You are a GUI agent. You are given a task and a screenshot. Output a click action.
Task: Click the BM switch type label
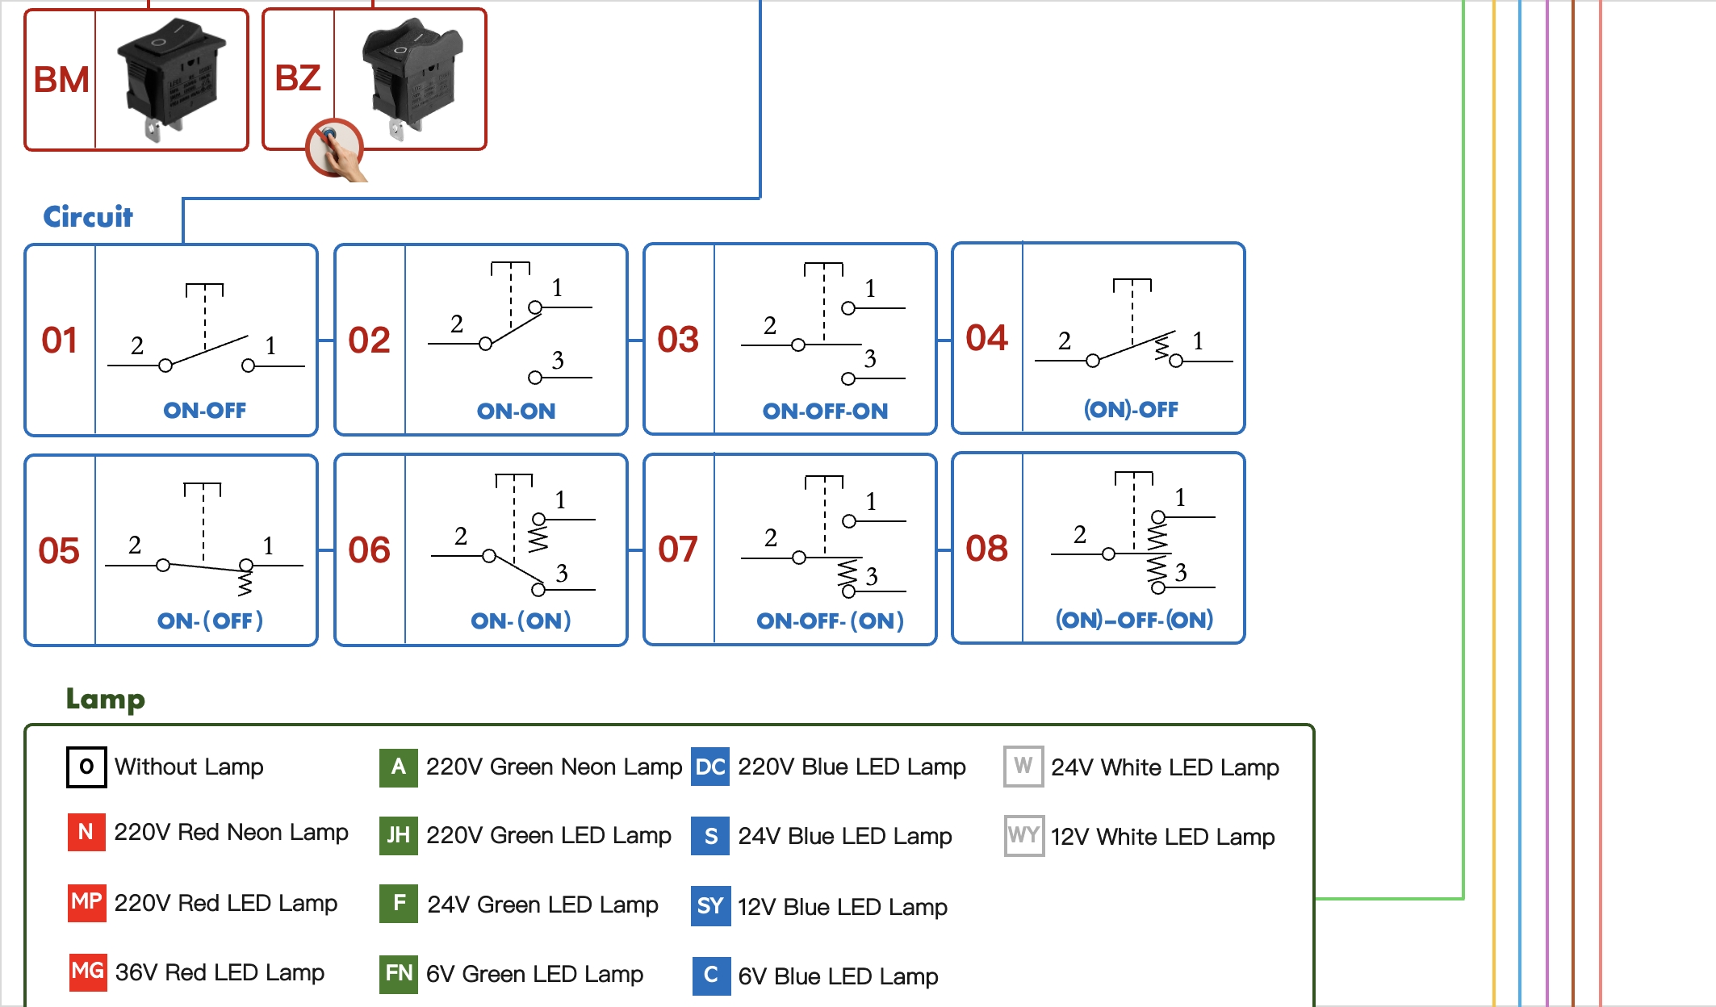coord(61,80)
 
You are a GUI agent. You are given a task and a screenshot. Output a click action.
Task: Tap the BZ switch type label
coord(298,78)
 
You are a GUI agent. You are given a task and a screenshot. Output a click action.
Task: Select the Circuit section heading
coord(87,216)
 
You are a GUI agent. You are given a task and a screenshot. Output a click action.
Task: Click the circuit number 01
coord(60,340)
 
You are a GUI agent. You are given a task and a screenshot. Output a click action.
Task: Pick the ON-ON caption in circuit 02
coord(516,411)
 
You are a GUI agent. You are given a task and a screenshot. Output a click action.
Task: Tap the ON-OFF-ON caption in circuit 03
coord(825,411)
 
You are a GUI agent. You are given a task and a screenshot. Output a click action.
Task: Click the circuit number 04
coord(986,338)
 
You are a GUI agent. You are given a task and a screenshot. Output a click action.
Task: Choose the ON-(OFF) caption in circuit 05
coord(210,620)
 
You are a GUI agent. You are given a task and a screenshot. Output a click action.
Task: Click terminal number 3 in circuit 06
coord(562,573)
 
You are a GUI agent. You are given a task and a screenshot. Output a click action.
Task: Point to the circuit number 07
coord(677,549)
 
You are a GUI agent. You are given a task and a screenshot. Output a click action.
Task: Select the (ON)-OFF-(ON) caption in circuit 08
coord(1134,620)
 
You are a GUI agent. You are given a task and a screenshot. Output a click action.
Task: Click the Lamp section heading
coord(105,699)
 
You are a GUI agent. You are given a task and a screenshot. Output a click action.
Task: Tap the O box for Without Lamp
coord(86,767)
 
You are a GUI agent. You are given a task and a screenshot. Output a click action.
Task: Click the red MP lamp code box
coord(86,901)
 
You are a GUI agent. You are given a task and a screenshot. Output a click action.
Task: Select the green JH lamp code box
coord(399,835)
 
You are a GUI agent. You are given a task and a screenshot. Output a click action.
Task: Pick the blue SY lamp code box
coord(710,906)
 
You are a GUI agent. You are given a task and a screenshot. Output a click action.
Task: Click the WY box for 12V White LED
coord(1023,835)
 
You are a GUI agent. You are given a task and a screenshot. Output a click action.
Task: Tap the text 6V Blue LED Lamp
coord(838,976)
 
